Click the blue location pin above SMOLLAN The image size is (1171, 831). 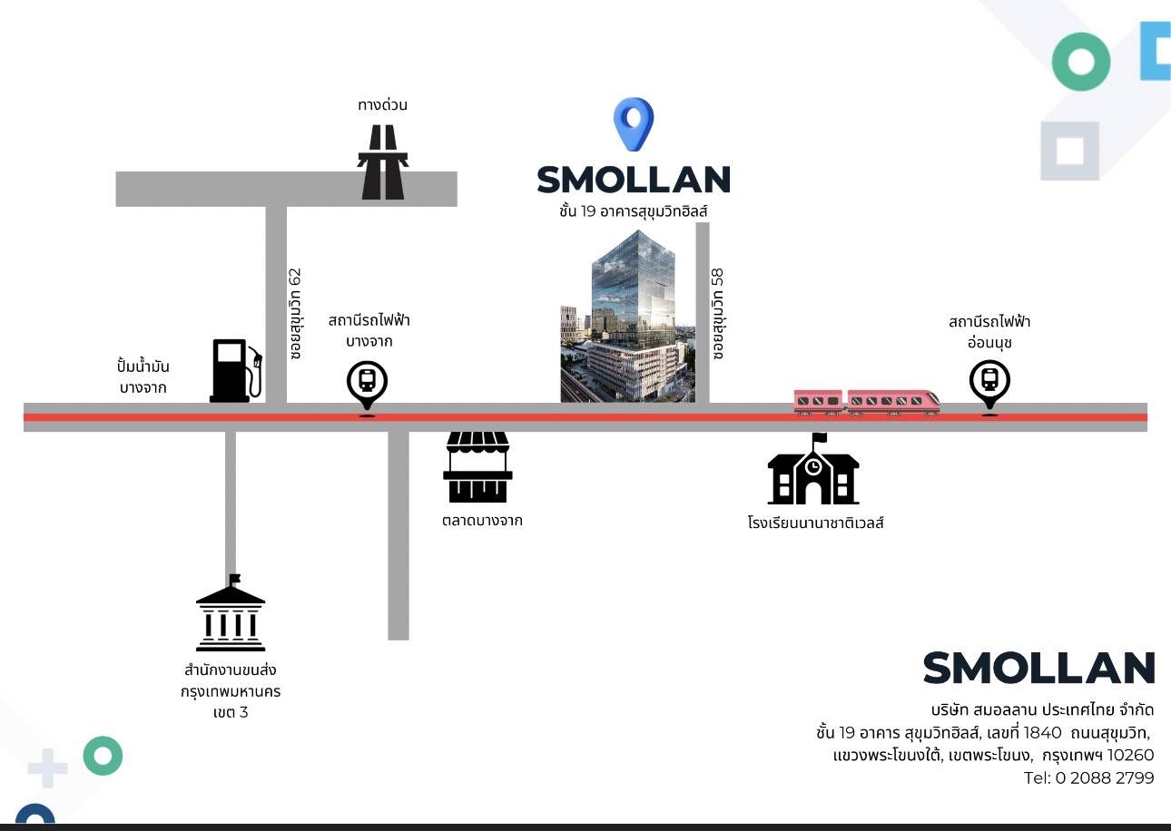634,123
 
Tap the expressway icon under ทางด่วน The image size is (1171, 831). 382,162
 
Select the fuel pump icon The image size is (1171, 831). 235,370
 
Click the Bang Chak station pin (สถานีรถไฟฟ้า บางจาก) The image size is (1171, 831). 367,386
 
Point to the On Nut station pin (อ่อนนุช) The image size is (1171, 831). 989,385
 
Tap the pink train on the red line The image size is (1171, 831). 866,402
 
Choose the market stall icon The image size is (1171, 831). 477,466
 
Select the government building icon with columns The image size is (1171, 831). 231,616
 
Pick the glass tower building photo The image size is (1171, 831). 628,317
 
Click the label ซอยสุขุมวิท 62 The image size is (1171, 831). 295,313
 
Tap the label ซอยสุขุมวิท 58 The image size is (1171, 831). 718,313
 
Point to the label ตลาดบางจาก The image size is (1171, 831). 482,521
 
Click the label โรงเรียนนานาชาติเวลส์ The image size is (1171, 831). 815,523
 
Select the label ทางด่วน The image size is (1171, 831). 382,105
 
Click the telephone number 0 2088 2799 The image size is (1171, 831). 1104,778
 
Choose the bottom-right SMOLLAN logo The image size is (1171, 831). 1038,669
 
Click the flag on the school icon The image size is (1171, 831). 819,439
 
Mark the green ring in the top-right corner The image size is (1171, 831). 1080,62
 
